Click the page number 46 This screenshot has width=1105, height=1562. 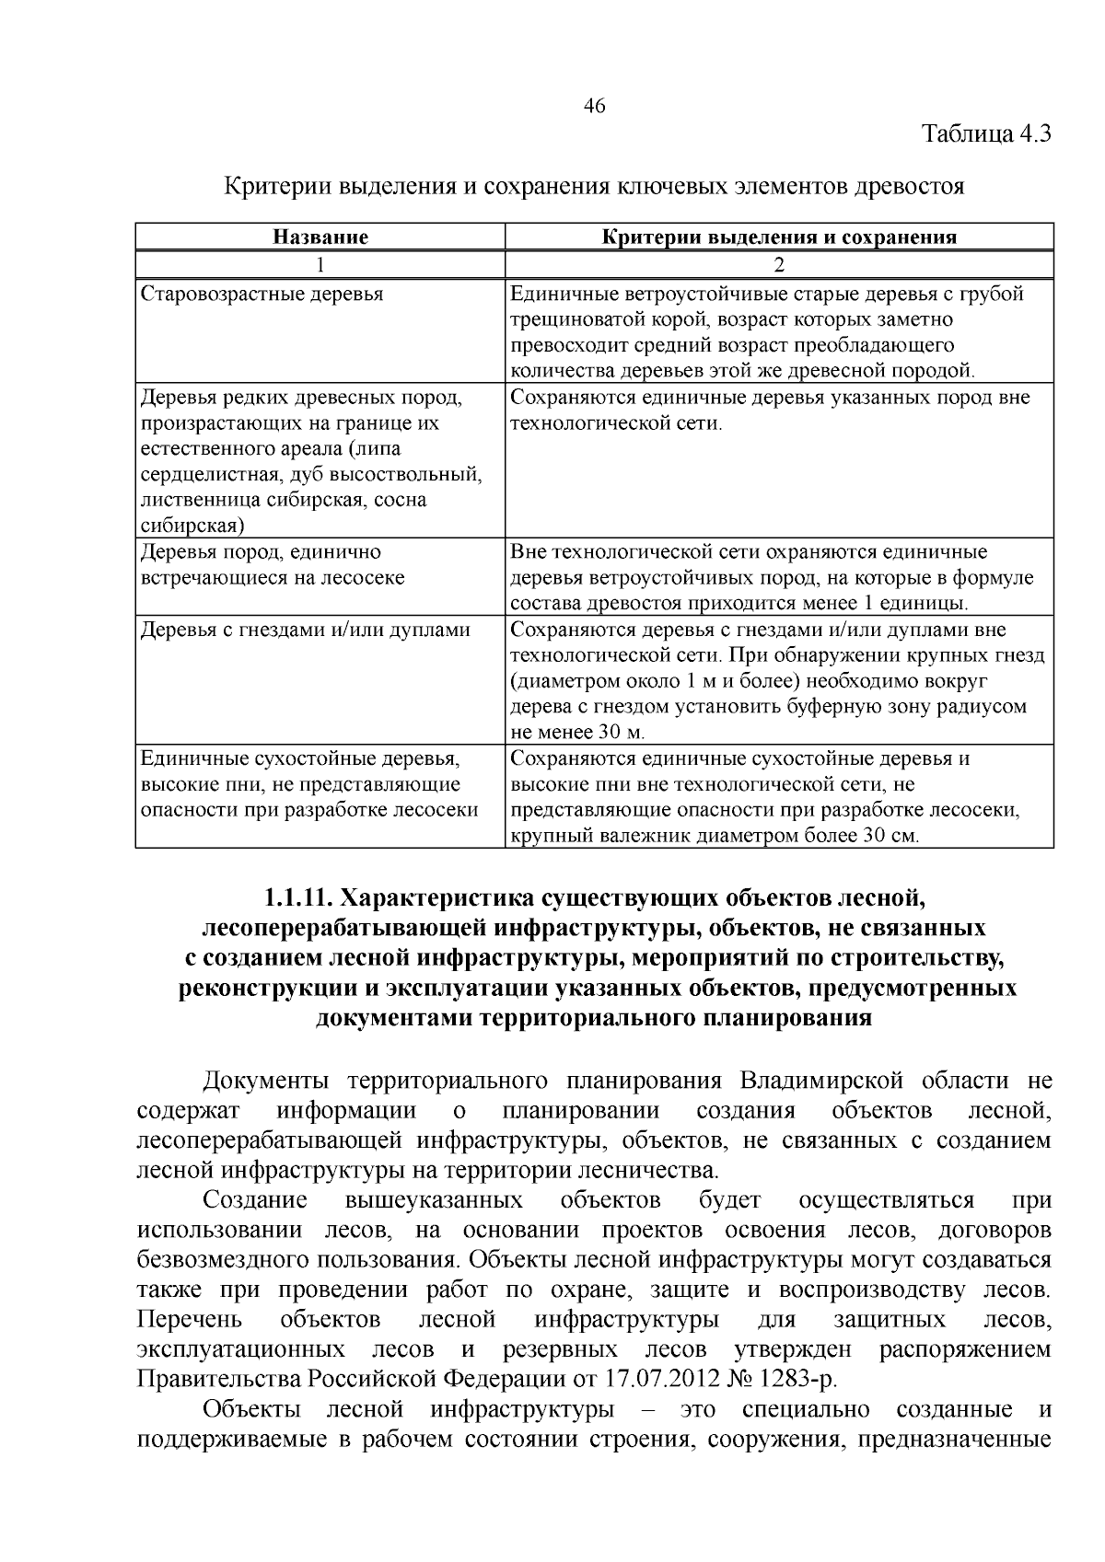pos(595,106)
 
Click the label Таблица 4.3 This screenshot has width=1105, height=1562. pos(987,134)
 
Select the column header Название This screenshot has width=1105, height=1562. pos(320,237)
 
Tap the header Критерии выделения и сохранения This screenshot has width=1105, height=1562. pos(779,237)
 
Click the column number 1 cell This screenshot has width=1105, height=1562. pos(320,265)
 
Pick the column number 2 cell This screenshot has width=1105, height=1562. pos(779,265)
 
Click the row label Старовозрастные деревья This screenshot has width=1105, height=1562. pos(262,295)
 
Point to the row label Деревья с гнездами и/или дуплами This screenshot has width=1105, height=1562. pos(305,630)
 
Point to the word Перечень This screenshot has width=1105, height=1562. pos(189,1319)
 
